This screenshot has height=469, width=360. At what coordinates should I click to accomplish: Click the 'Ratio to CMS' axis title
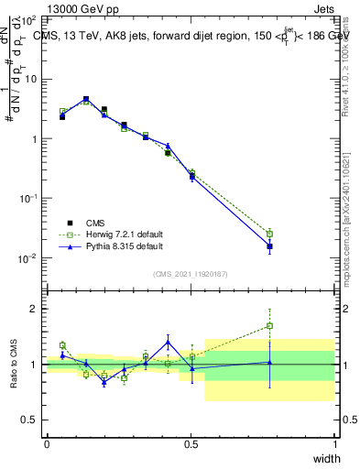click(x=15, y=364)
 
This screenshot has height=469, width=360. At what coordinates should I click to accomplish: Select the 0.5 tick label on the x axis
click(x=191, y=444)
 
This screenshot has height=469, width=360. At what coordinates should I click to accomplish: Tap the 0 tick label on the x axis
click(x=47, y=444)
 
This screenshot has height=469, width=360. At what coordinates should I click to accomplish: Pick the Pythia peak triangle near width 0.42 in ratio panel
click(x=168, y=342)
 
